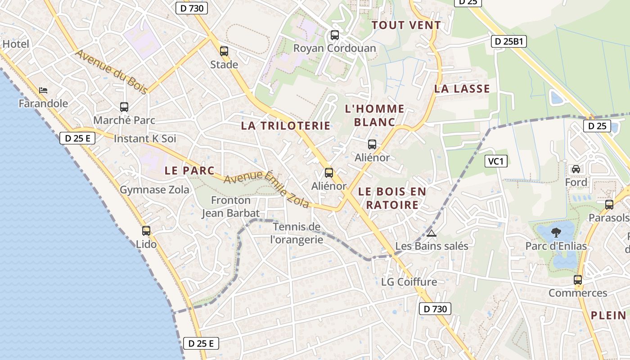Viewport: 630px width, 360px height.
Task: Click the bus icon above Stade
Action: [224, 51]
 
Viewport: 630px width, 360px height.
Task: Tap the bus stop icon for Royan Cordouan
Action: [334, 35]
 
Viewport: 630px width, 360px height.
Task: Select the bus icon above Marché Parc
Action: [124, 107]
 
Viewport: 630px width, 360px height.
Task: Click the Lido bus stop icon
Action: [146, 231]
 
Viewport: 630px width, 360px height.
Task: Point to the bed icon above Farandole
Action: [43, 90]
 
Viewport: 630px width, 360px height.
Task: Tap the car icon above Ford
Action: [576, 169]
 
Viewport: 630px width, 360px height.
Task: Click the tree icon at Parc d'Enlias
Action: [556, 233]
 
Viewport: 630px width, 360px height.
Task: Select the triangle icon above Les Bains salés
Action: [432, 233]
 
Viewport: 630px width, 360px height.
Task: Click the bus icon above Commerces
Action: [578, 280]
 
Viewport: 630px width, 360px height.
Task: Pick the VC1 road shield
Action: [496, 161]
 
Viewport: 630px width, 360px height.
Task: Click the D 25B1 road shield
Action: [508, 42]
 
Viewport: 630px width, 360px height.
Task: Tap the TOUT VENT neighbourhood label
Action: [406, 25]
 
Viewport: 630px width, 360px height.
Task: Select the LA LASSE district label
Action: [462, 89]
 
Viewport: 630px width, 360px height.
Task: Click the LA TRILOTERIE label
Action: [286, 126]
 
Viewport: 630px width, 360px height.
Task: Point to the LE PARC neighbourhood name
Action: [189, 171]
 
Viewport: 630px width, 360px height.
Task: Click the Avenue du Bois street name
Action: [111, 72]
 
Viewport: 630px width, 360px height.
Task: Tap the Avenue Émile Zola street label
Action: [267, 189]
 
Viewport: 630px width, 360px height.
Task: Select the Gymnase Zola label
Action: [154, 190]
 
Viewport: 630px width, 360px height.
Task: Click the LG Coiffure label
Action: [409, 282]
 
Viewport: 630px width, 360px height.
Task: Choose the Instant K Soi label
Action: [145, 139]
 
